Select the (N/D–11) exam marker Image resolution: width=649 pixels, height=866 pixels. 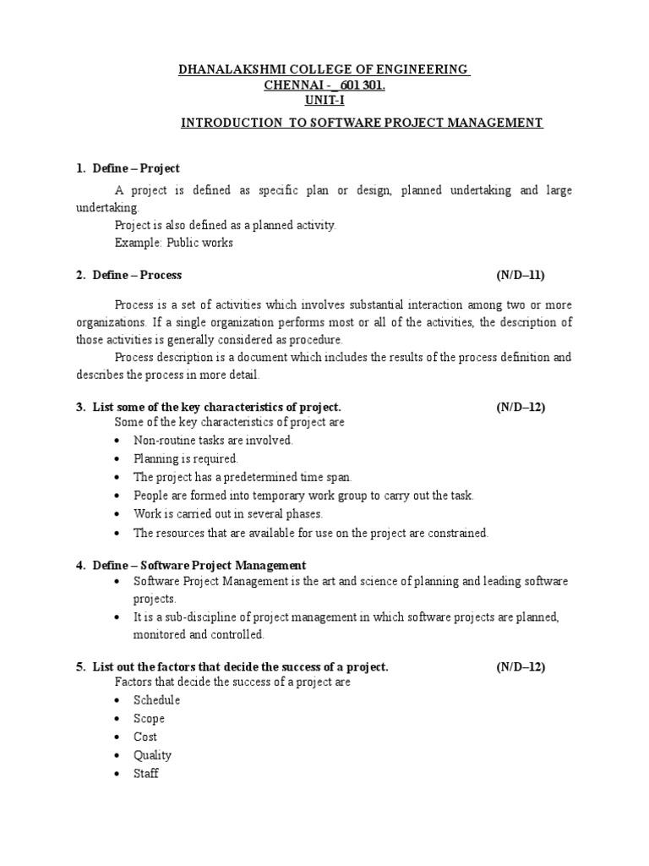click(521, 275)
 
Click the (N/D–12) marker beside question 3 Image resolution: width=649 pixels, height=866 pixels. click(521, 407)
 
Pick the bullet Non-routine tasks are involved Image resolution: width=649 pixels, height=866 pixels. click(212, 440)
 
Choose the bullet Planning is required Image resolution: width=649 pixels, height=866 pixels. click(179, 458)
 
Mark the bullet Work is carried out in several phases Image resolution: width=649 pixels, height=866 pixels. click(228, 514)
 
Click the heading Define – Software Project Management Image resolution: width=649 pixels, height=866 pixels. click(202, 565)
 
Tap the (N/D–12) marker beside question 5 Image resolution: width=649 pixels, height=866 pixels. click(521, 666)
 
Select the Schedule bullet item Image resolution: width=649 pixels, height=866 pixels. click(156, 700)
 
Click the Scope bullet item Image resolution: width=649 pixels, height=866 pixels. click(149, 719)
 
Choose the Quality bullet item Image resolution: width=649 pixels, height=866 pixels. click(152, 755)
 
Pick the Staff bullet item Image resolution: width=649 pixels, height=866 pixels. click(145, 774)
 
